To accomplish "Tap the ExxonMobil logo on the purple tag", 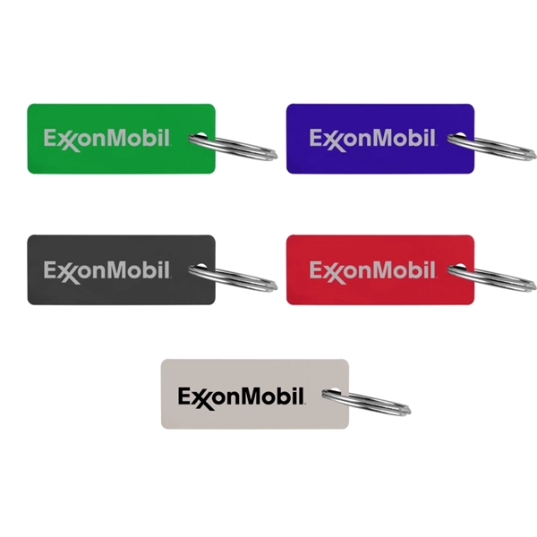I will click(372, 139).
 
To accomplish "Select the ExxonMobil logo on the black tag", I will click(107, 270).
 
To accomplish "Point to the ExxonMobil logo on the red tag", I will click(372, 270).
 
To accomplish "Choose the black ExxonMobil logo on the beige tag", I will click(242, 396).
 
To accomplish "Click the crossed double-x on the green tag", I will click(66, 141).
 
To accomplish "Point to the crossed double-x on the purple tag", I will click(332, 141).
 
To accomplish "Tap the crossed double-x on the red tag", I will click(332, 272).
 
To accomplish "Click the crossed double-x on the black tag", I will click(66, 272).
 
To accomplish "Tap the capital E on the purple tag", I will click(316, 138).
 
